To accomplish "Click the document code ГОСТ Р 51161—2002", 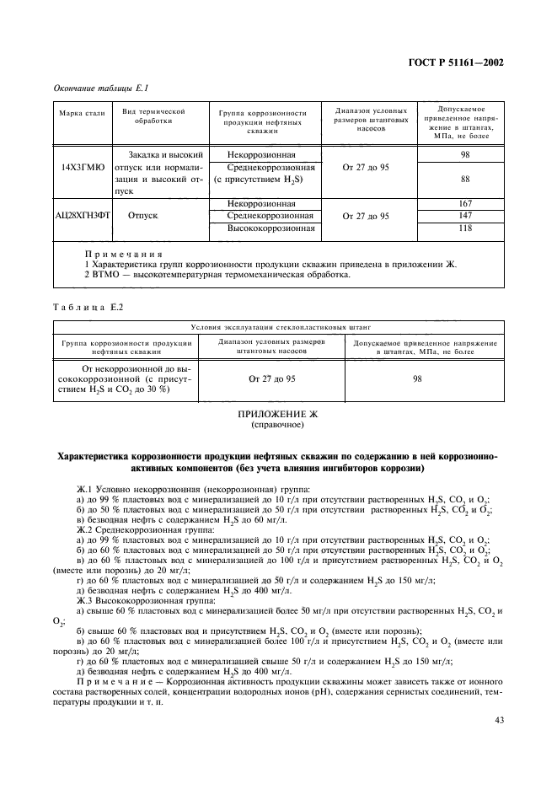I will [457, 62].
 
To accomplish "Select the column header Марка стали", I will [82, 113].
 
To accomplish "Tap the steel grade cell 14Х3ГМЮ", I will [82, 167].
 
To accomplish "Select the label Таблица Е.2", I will [88, 307].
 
